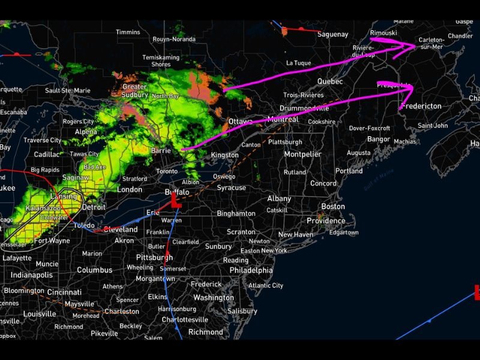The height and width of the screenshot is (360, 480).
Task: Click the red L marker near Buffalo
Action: click(x=176, y=200)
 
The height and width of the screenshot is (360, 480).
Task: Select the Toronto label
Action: click(x=167, y=171)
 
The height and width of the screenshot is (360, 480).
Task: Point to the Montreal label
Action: click(x=283, y=119)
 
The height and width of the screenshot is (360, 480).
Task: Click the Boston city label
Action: click(x=333, y=206)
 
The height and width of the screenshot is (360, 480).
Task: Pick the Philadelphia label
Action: click(x=251, y=270)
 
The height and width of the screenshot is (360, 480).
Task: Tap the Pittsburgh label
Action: click(x=154, y=257)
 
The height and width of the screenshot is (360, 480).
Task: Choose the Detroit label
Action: click(x=94, y=207)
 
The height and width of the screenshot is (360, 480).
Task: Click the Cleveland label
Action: click(x=121, y=229)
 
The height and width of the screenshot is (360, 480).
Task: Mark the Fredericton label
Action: click(x=422, y=106)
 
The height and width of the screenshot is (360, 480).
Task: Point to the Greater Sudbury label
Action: click(x=134, y=91)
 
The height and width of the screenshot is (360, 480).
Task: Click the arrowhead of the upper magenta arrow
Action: click(x=413, y=45)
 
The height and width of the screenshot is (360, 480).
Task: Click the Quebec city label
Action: click(x=330, y=81)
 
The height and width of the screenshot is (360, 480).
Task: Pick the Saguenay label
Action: click(x=333, y=35)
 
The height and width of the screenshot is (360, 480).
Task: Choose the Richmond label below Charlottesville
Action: click(x=206, y=332)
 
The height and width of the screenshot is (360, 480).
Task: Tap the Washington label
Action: click(x=214, y=298)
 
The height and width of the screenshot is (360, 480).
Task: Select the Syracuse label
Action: click(x=232, y=188)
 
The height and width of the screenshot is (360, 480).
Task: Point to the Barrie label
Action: click(x=161, y=151)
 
